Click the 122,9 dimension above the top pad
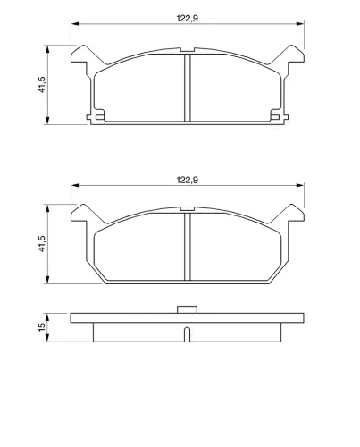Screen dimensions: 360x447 tap(188, 19)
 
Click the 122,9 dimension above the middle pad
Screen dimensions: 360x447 tap(188, 180)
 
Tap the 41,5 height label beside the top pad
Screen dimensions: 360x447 tap(42, 85)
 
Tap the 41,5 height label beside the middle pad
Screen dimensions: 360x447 tap(42, 244)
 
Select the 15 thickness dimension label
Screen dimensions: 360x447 tap(42, 326)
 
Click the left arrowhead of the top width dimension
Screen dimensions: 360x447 tap(75, 24)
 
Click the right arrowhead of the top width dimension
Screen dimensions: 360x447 tap(300, 24)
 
